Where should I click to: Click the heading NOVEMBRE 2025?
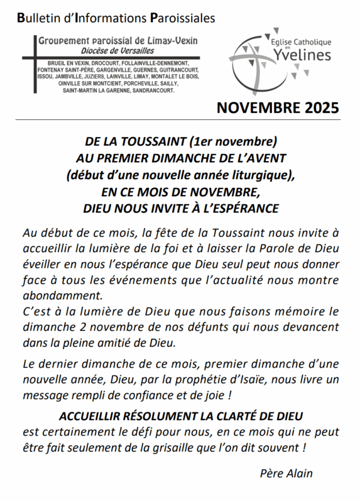[278, 108]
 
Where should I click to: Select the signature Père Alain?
[286, 473]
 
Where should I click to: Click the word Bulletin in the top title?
[37, 18]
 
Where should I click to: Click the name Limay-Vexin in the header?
[173, 41]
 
